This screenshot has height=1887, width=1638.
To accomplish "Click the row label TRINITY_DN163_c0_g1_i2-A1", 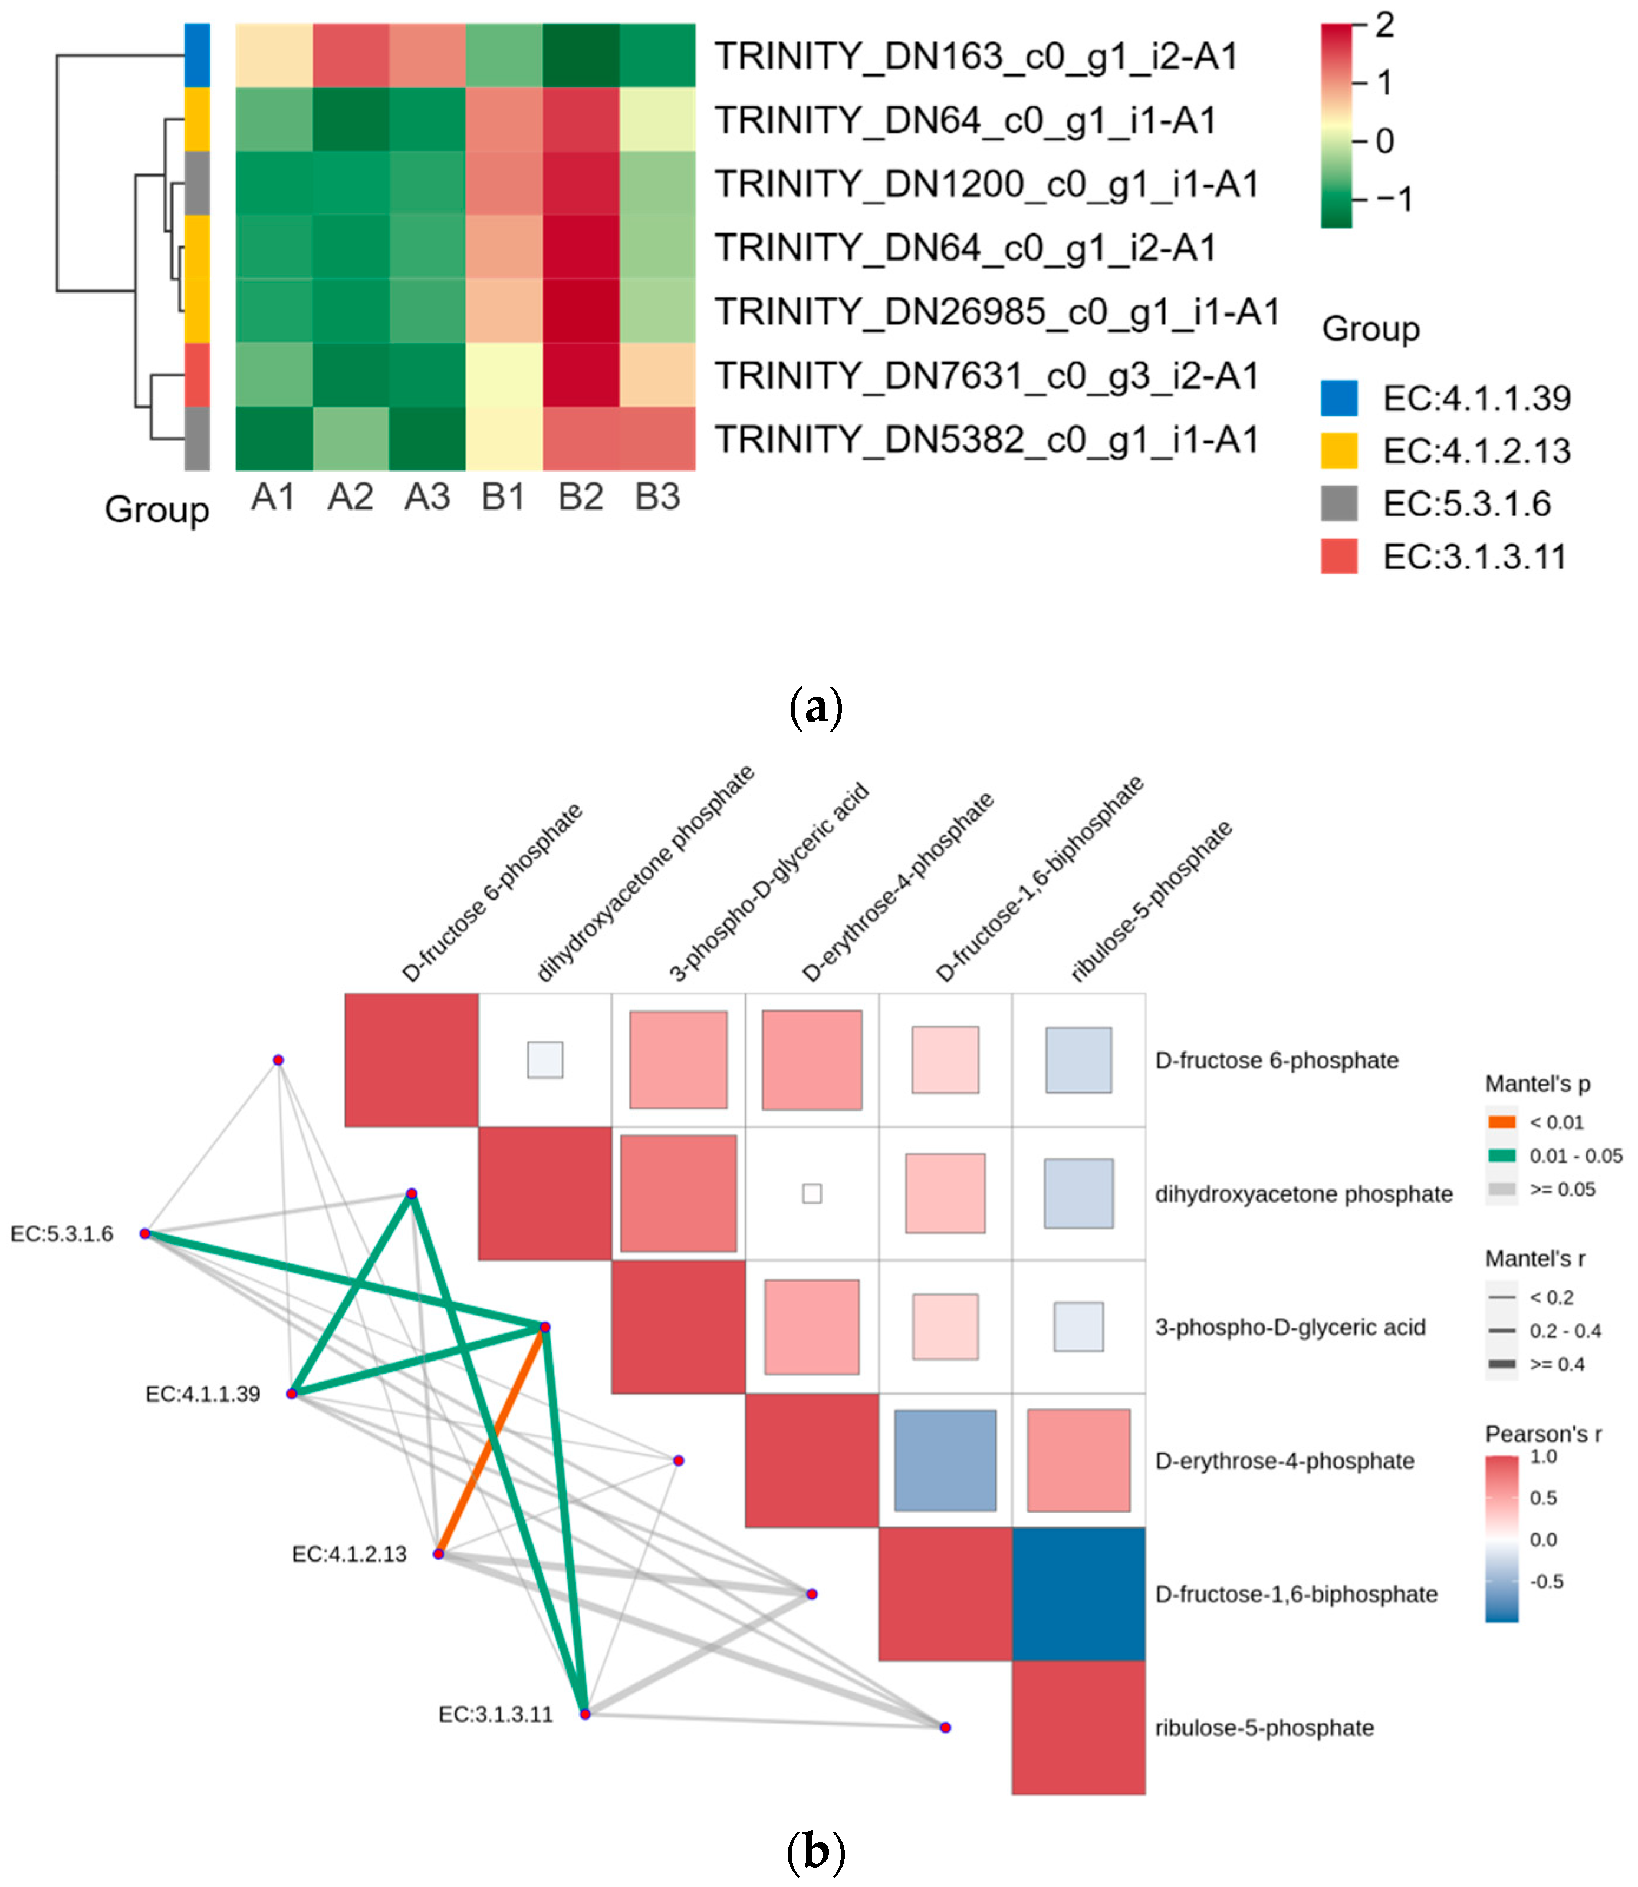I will [975, 57].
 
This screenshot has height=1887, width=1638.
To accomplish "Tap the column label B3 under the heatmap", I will [657, 497].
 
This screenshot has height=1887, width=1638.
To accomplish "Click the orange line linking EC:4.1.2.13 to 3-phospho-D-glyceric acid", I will [492, 1441].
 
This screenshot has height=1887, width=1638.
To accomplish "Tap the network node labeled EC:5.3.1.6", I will [145, 1234].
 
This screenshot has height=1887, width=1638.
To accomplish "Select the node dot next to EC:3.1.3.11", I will [585, 1713].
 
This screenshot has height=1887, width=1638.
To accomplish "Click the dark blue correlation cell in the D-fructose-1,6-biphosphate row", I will [1078, 1593].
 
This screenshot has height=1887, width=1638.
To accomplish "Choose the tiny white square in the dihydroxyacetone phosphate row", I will [812, 1193].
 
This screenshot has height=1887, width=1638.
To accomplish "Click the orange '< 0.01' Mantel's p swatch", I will [1502, 1122].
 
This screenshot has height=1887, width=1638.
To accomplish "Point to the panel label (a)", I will [815, 708].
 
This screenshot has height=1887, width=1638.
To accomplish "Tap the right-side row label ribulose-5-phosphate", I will [1264, 1728].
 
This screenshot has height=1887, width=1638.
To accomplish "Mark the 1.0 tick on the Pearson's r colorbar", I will [1543, 1457].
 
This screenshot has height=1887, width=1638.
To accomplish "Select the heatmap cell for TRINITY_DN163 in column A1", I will [274, 57].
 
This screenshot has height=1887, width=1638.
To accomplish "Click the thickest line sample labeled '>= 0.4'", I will [1502, 1364].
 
